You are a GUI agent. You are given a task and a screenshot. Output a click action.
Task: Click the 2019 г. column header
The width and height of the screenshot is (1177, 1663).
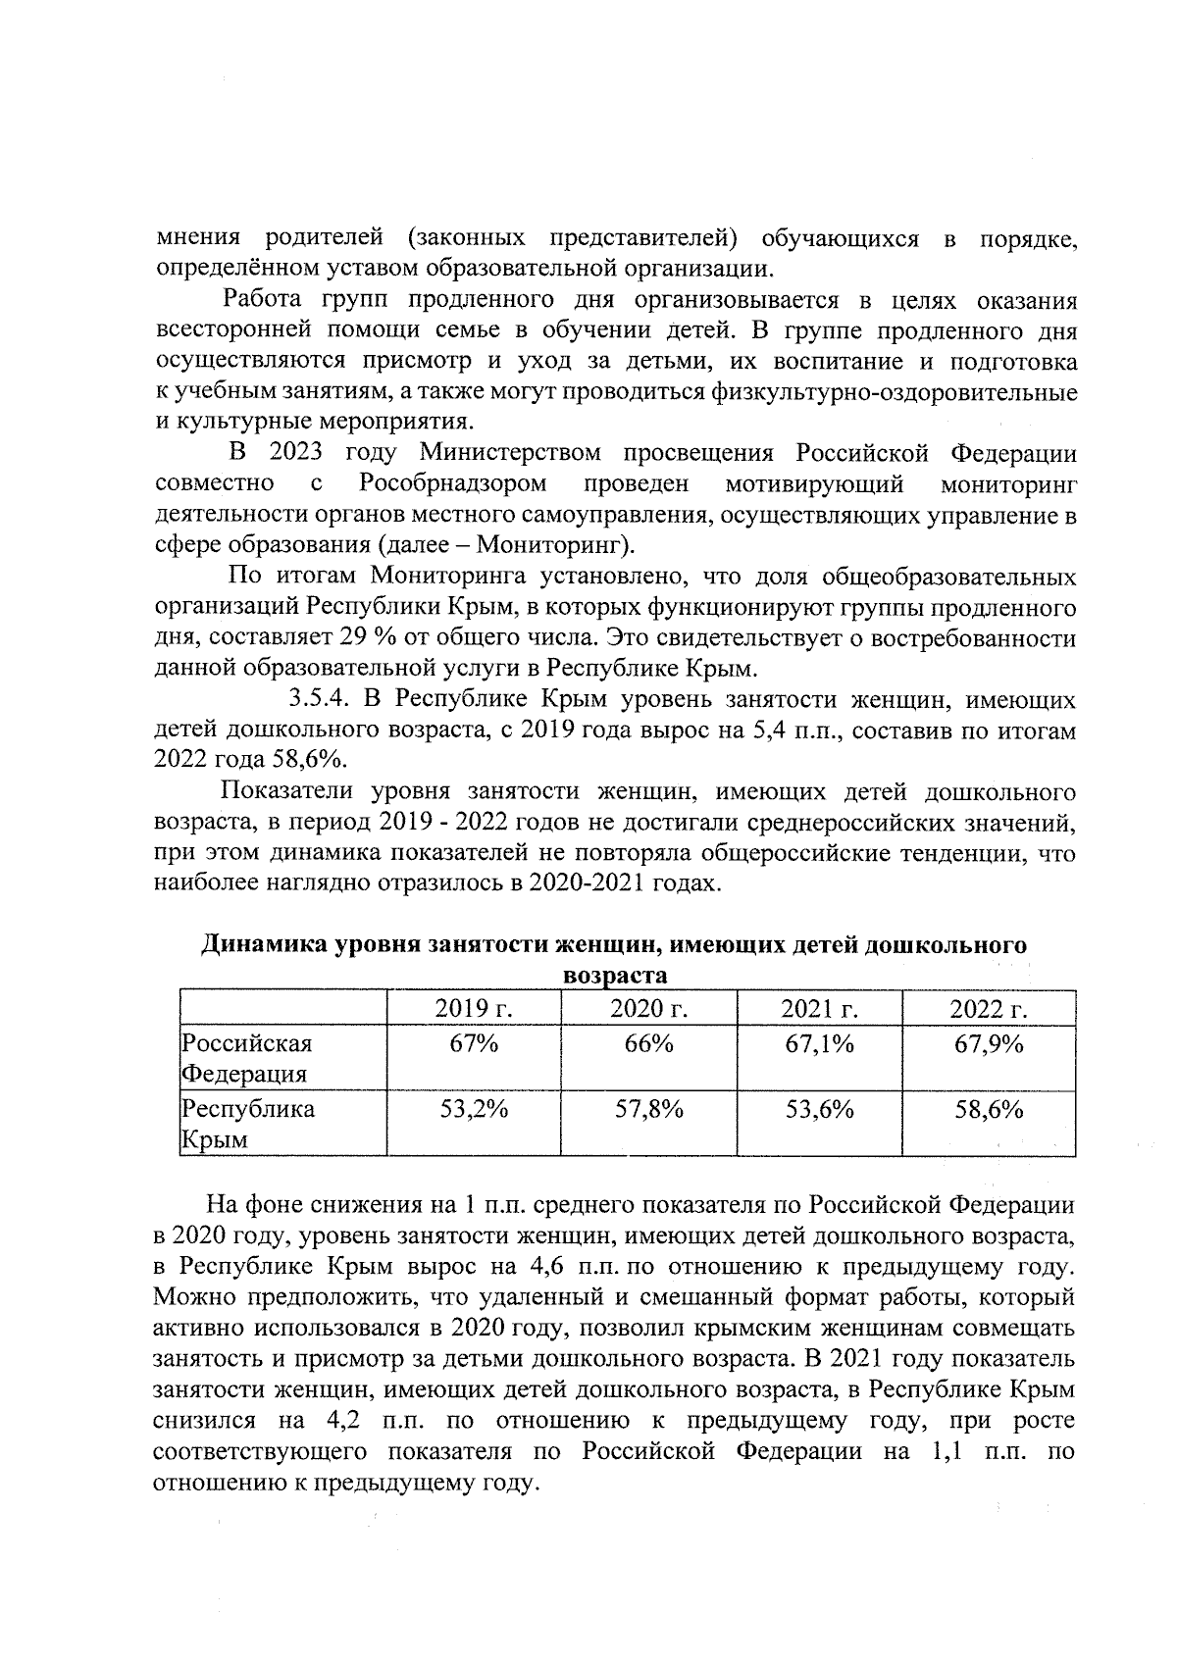coord(475,1009)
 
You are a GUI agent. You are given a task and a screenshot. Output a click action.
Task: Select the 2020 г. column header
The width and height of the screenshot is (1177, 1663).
coord(648,1009)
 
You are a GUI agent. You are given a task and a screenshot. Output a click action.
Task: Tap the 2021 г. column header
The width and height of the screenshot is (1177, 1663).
coord(819,1009)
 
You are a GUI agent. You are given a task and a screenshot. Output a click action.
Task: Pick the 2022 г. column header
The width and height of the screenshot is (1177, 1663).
coord(989,1009)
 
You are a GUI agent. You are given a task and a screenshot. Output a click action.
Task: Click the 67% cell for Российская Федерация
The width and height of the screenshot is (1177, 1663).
coord(475,1043)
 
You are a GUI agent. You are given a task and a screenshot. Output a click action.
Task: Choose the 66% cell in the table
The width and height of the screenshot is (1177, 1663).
coord(648,1043)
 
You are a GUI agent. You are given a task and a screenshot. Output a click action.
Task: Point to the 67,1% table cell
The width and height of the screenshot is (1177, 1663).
coord(819,1043)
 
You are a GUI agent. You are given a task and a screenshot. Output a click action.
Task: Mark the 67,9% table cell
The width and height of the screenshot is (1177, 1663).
coord(989,1043)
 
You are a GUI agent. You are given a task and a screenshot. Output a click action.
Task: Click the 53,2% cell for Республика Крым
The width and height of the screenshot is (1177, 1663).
coord(475,1109)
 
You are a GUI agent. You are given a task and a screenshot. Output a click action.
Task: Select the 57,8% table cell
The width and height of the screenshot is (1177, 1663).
coord(648,1109)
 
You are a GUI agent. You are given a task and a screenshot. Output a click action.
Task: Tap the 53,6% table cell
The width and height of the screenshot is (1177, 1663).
coord(819,1109)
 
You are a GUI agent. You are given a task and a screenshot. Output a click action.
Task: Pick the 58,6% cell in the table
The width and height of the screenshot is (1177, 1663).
coord(989,1109)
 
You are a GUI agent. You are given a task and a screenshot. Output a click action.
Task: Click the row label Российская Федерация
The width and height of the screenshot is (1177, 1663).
coord(247,1058)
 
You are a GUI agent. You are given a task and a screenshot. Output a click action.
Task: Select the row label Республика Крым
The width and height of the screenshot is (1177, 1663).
coord(249,1124)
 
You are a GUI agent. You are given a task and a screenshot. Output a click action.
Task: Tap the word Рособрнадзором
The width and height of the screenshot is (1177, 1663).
coord(452,484)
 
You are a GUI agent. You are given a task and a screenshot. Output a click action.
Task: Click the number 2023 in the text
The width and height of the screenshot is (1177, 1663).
coord(297,454)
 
